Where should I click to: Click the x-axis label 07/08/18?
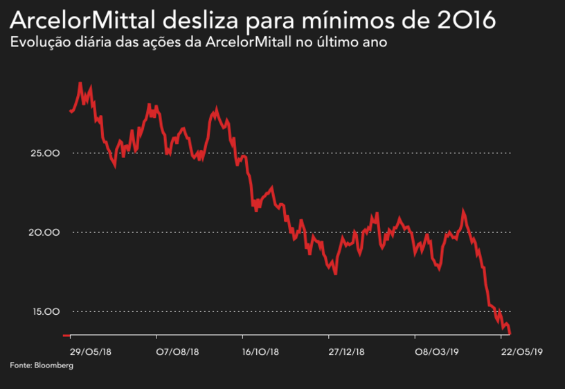point(178,352)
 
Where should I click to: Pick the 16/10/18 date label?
point(261,352)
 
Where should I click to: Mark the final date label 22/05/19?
point(521,352)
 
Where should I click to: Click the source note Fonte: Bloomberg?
point(41,365)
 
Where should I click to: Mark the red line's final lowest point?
point(510,334)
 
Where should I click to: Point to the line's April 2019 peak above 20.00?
point(463,211)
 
